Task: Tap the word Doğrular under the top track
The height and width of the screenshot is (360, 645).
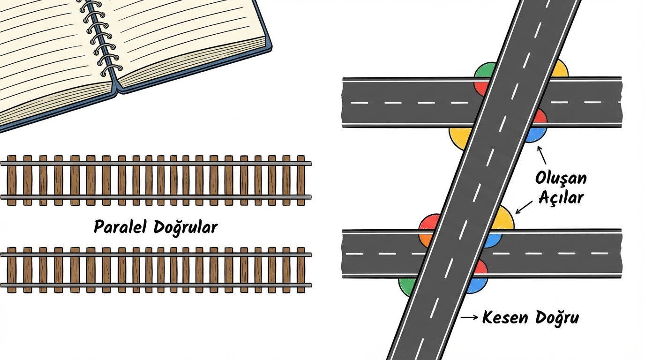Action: pos(186,228)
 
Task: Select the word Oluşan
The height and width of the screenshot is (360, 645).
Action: pos(561,179)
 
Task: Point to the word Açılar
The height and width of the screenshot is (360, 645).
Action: pos(561,197)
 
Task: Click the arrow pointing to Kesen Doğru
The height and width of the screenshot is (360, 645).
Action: pos(469,317)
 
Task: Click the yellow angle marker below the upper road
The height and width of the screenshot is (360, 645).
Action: pos(460,137)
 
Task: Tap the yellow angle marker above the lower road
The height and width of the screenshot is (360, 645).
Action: pos(503,217)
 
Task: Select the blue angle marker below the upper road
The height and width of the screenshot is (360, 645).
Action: pos(535,135)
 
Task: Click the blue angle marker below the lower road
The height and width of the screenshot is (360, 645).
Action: pos(477,285)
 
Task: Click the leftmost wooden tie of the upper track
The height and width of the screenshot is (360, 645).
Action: pos(12,180)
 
